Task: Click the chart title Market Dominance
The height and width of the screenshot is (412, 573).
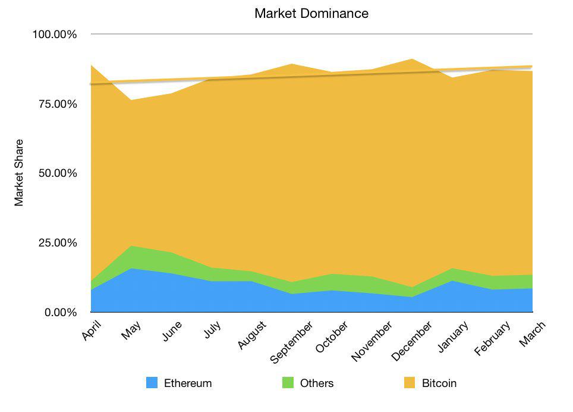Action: click(x=311, y=13)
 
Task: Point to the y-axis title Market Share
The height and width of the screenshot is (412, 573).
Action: click(x=20, y=173)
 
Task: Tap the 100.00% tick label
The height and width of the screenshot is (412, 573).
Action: click(x=54, y=35)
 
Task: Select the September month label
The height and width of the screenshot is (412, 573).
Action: click(x=291, y=342)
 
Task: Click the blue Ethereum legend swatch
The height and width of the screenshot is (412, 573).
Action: click(x=152, y=383)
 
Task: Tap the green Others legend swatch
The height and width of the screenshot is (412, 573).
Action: click(x=288, y=383)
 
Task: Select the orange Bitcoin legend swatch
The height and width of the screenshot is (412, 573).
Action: click(x=410, y=383)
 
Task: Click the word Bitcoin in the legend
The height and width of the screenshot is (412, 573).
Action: click(x=439, y=383)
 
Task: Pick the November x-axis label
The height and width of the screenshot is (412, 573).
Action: click(x=371, y=341)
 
